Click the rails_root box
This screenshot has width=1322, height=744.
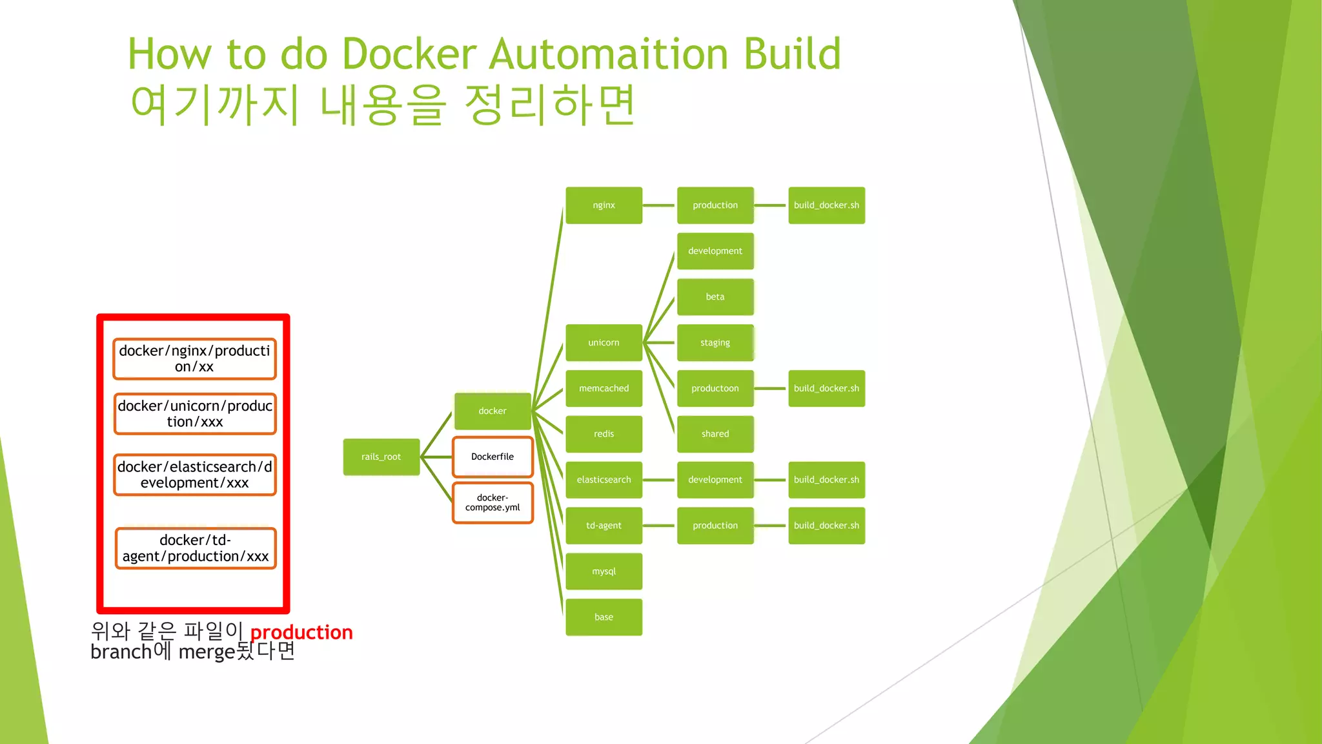pos(381,457)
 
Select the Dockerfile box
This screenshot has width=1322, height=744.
pos(493,457)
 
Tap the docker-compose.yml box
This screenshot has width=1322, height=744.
pos(493,502)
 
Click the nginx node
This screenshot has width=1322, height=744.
pos(604,205)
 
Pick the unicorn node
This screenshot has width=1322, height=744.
pos(604,342)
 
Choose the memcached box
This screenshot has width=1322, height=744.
pos(604,388)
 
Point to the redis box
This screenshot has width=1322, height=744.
pos(604,434)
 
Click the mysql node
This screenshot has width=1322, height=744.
pos(604,571)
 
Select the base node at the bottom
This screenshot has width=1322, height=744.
pos(604,617)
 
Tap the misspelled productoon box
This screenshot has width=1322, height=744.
pos(715,388)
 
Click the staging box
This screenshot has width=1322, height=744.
pos(715,342)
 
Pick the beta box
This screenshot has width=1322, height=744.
pos(715,296)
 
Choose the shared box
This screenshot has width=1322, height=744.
pos(715,434)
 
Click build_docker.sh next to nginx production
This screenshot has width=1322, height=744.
pos(826,205)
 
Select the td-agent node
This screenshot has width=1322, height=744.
pos(604,525)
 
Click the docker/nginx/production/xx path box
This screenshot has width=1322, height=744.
pos(194,358)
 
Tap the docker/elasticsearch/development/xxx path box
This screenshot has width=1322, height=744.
pos(194,475)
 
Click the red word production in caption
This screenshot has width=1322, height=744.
pos(301,632)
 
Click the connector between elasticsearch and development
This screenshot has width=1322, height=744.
pos(659,480)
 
